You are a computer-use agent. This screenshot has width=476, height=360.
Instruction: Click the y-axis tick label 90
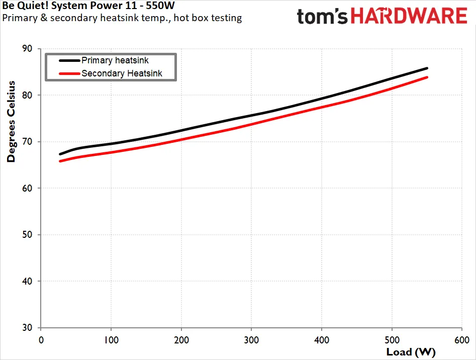pyautogui.click(x=27, y=49)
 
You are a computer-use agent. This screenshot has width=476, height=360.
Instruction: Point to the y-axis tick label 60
pyautogui.click(x=27, y=188)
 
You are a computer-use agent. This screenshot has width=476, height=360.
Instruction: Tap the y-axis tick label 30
pyautogui.click(x=27, y=327)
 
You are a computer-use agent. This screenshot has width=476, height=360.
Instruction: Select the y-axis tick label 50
pyautogui.click(x=27, y=235)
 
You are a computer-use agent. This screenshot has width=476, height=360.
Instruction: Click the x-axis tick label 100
pyautogui.click(x=111, y=340)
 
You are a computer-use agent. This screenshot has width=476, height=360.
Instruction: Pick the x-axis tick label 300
pyautogui.click(x=251, y=340)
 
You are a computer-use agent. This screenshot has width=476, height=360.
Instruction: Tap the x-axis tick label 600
pyautogui.click(x=462, y=340)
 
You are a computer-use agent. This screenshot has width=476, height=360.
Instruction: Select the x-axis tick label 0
pyautogui.click(x=41, y=340)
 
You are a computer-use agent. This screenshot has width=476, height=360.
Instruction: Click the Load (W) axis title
pyautogui.click(x=411, y=352)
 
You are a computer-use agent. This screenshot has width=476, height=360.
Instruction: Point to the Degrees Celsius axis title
pyautogui.click(x=11, y=121)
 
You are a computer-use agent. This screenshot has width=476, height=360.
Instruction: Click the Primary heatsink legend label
pyautogui.click(x=115, y=60)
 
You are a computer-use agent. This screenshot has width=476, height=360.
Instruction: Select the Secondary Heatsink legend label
pyautogui.click(x=122, y=73)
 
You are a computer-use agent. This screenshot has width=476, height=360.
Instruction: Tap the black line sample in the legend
pyautogui.click(x=69, y=61)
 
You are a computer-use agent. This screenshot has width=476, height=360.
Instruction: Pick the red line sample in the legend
pyautogui.click(x=69, y=73)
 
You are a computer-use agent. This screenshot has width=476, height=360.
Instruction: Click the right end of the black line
pyautogui.click(x=427, y=68)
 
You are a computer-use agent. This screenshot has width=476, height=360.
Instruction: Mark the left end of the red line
pyautogui.click(x=60, y=161)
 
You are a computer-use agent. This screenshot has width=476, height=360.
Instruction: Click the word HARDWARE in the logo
pyautogui.click(x=409, y=16)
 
